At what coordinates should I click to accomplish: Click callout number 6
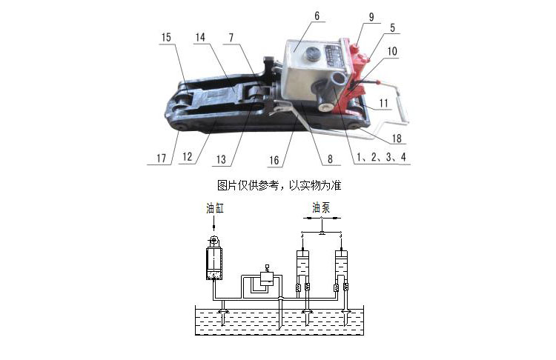coord(317,16)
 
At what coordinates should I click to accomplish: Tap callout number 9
coord(371,17)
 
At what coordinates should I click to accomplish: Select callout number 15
coord(166,37)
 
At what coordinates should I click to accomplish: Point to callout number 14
coord(200,37)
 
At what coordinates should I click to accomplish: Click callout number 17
coord(162,158)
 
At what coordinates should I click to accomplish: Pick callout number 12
coord(188,156)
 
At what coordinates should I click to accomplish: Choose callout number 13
coord(221,159)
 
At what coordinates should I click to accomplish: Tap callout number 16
coord(274,160)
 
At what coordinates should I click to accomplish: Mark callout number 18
coord(397,139)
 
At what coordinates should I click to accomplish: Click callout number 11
coord(384,103)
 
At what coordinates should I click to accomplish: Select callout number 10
coord(392,51)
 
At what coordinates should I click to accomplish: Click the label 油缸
coord(215,208)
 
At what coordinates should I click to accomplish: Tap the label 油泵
coord(321,207)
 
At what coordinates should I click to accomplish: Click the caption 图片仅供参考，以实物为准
coord(279,185)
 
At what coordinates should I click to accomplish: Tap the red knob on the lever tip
coord(379,83)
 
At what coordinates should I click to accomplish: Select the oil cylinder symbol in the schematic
coord(214,259)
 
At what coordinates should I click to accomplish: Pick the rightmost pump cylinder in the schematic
coord(341,263)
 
